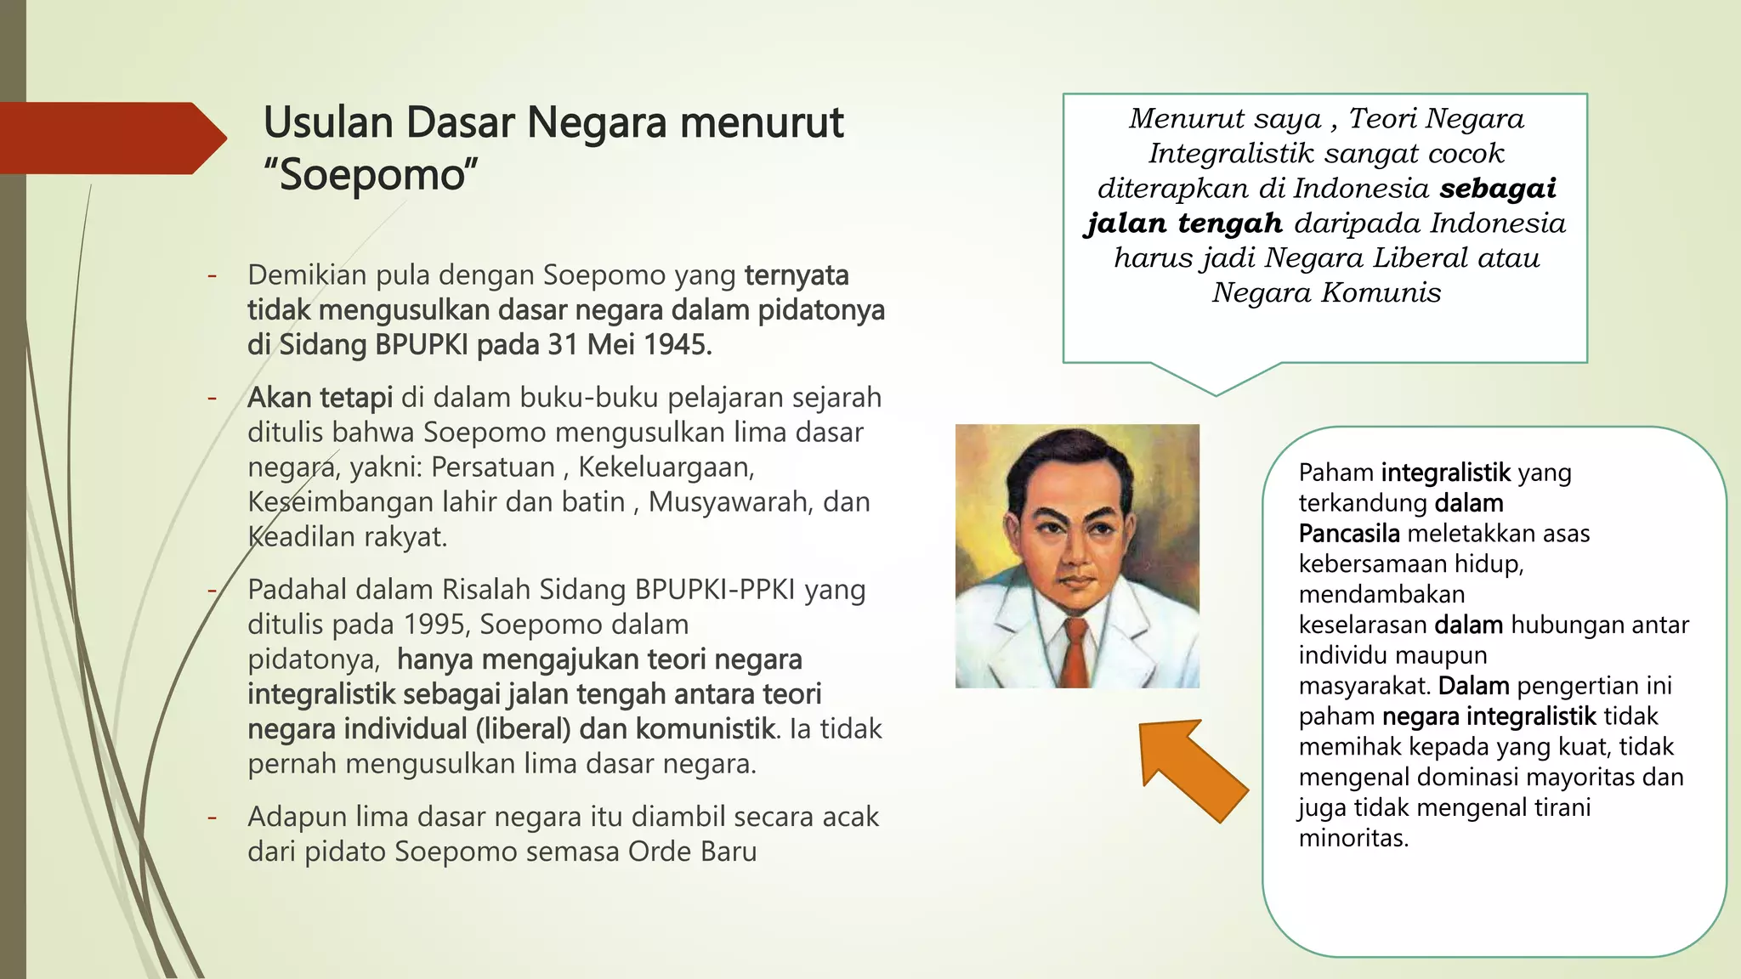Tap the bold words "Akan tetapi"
pos(320,398)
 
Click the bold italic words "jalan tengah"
pos(1184,224)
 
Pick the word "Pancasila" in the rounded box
pos(1348,534)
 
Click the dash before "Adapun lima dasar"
pos(213,817)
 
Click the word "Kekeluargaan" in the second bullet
pos(665,467)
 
